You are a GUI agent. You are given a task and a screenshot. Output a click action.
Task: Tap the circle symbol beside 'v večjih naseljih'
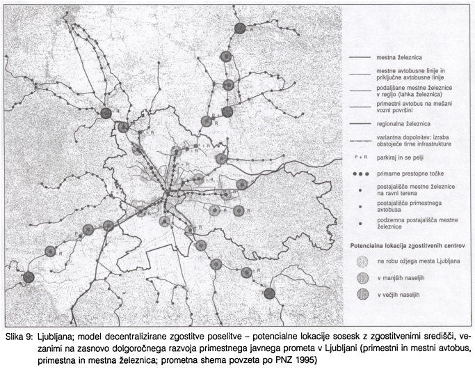click(362, 295)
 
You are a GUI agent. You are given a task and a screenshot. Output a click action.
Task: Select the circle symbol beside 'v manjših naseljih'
click(362, 278)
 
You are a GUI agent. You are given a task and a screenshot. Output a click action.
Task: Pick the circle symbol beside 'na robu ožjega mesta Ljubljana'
click(362, 261)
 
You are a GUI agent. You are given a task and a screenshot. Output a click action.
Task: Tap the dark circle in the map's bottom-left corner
click(29, 277)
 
